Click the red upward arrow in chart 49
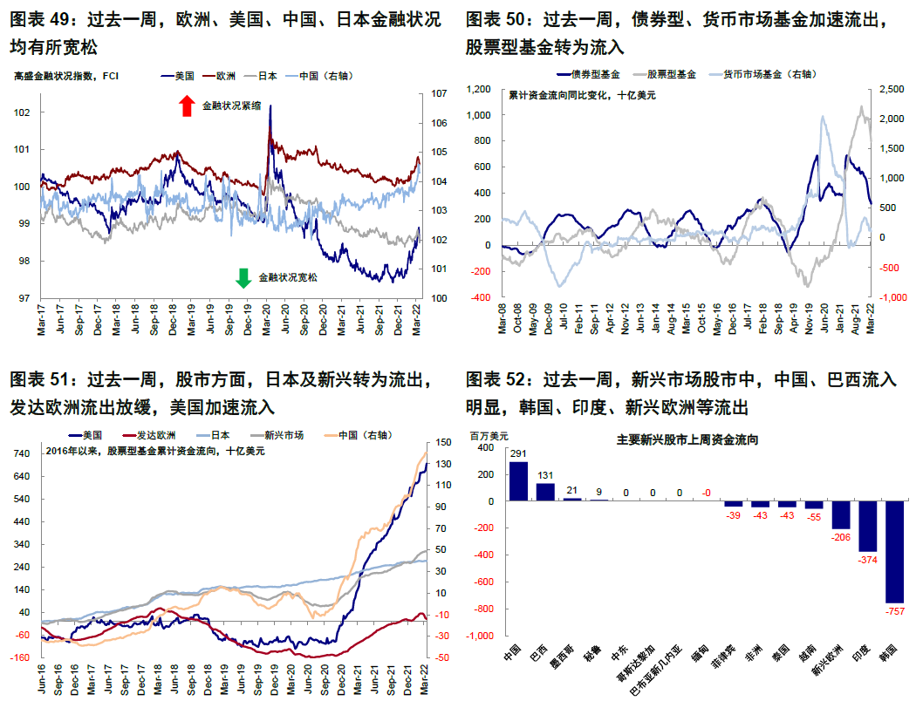(x=186, y=106)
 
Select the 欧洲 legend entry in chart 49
(x=225, y=76)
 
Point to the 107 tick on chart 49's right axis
(x=441, y=93)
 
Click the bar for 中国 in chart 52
(x=519, y=481)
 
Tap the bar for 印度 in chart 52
(x=868, y=527)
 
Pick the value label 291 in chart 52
(x=519, y=453)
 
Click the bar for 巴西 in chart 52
(x=546, y=492)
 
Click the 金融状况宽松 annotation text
(x=289, y=279)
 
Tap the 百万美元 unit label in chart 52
(x=489, y=434)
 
